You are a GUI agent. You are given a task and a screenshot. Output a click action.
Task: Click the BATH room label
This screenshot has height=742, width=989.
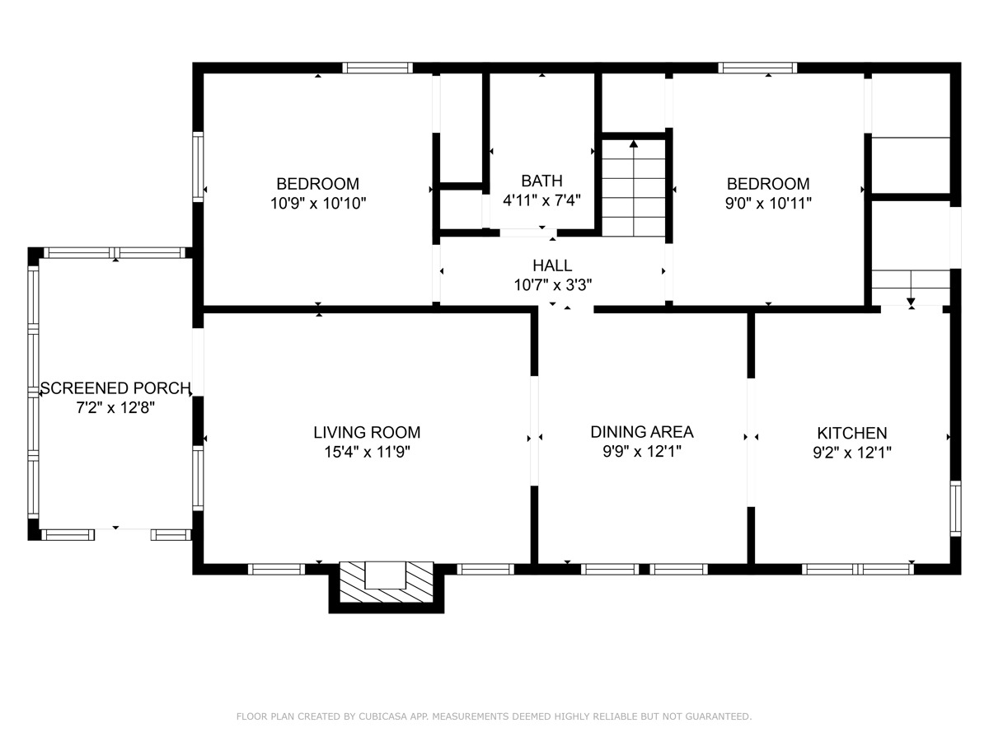(x=541, y=181)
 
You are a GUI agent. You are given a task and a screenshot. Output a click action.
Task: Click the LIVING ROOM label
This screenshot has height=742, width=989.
(x=367, y=432)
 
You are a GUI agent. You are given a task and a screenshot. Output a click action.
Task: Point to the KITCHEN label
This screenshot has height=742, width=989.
(x=852, y=433)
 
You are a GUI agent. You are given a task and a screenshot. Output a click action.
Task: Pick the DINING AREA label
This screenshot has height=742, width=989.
(x=642, y=432)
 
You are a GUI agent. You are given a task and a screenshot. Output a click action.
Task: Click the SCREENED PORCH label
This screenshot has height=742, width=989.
(x=115, y=387)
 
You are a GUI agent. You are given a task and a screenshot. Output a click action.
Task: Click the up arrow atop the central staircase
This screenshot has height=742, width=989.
(x=634, y=145)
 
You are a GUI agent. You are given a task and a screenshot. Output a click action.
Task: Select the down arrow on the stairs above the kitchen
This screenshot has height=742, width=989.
(x=912, y=301)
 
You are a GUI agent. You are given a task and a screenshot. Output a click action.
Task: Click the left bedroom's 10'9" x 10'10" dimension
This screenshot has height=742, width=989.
(x=318, y=203)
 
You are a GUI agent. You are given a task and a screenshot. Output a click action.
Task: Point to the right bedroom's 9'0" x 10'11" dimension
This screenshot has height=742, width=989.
(x=768, y=203)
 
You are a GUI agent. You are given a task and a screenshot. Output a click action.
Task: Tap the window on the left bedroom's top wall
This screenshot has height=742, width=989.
(x=377, y=68)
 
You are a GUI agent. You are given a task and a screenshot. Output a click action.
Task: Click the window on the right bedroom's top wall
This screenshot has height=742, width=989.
(x=757, y=68)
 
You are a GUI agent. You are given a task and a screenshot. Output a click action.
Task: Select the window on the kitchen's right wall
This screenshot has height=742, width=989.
(x=955, y=508)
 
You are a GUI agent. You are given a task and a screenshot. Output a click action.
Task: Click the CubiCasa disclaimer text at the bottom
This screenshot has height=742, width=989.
(x=494, y=716)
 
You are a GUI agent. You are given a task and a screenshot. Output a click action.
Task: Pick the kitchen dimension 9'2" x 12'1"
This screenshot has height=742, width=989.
(x=852, y=452)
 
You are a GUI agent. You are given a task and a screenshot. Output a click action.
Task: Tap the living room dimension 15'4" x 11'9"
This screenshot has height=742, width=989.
(x=367, y=452)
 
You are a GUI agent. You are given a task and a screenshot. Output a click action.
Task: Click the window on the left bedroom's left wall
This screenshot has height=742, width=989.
(x=198, y=166)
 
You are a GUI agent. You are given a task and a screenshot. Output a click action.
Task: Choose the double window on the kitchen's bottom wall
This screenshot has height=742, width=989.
(x=858, y=569)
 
